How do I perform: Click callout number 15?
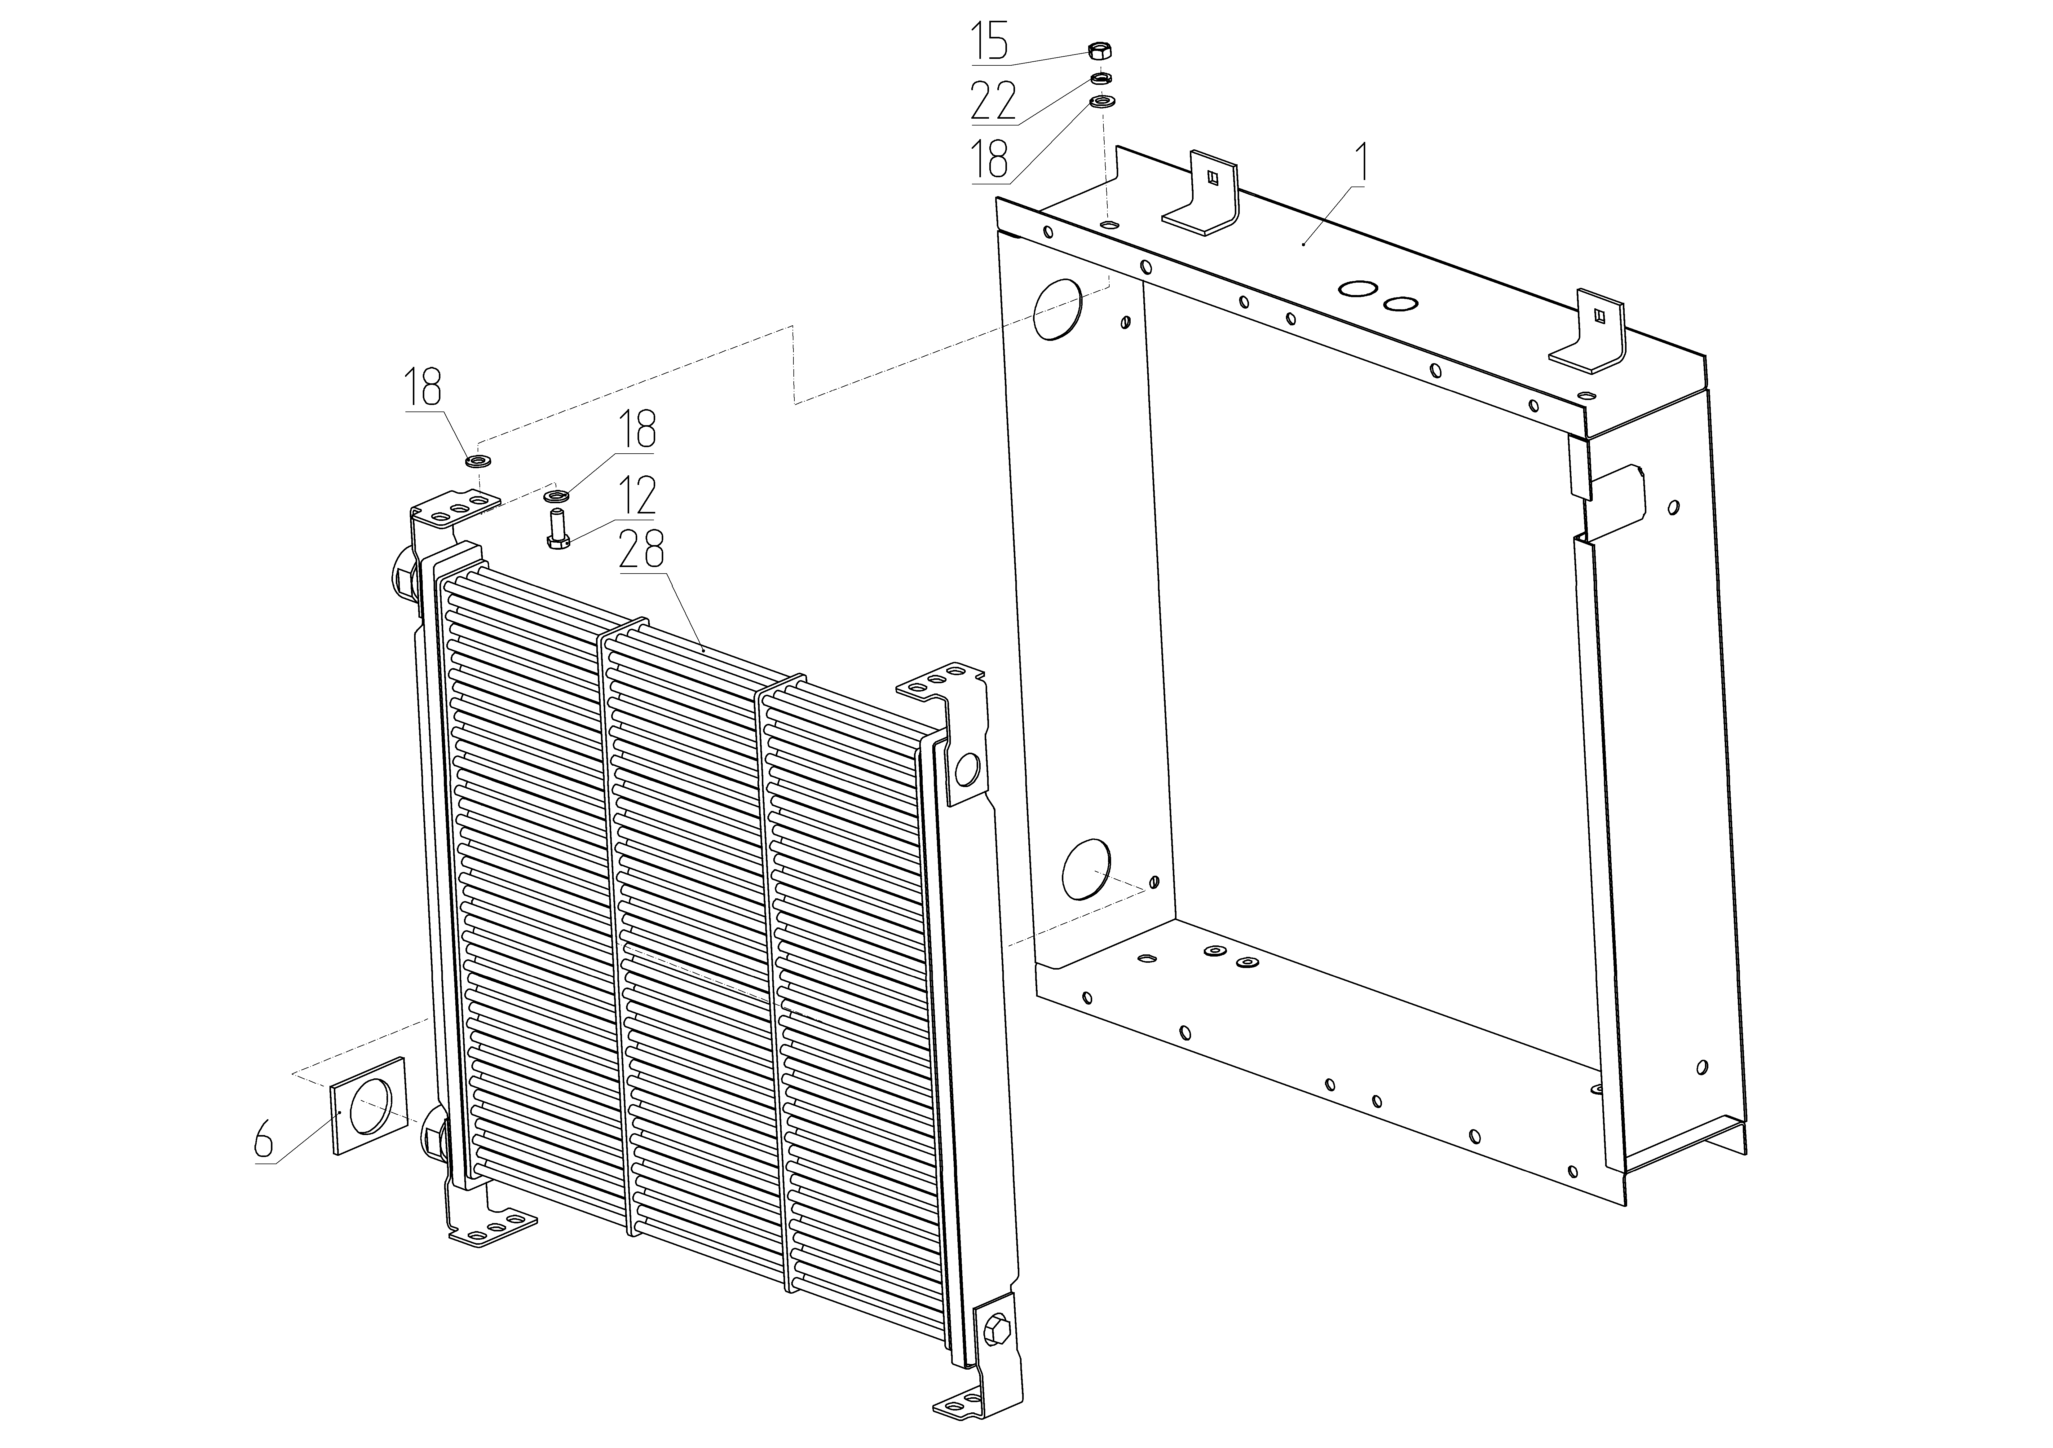pos(991,42)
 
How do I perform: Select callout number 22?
pos(993,101)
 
